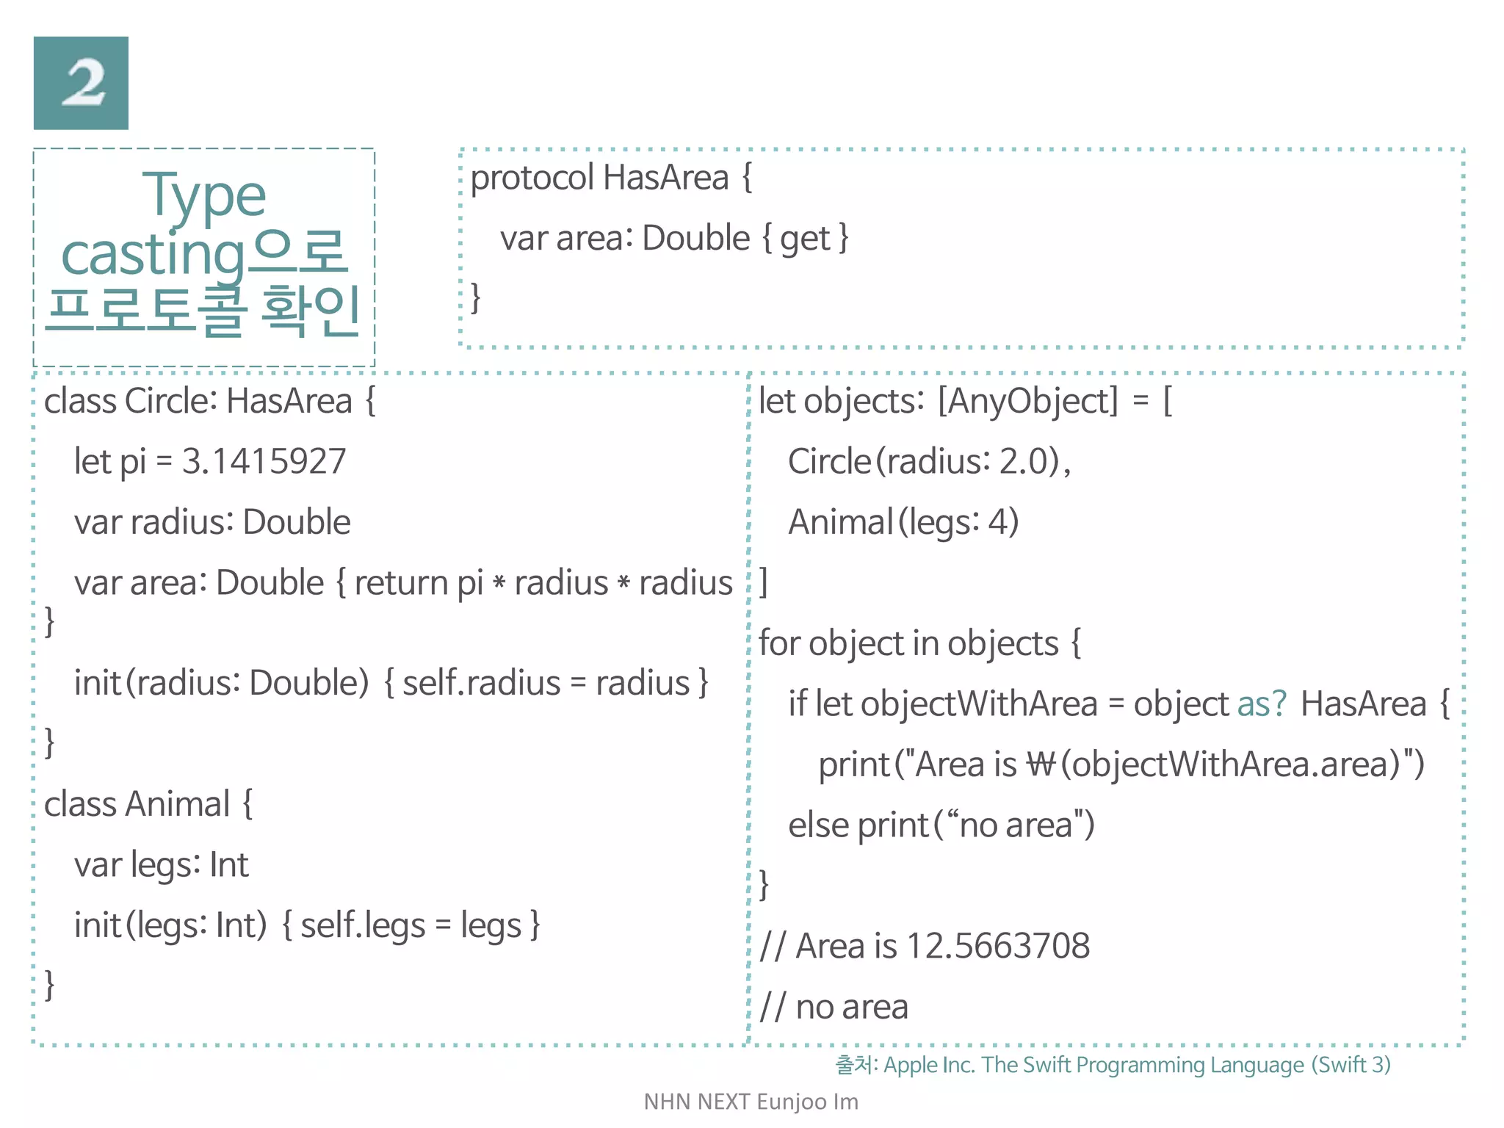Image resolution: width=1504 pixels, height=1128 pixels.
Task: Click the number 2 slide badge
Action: point(81,83)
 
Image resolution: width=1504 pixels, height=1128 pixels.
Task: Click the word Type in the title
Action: point(203,195)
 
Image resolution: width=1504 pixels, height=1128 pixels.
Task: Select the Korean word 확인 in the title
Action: point(310,311)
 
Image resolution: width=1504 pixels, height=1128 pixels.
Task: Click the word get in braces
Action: point(804,239)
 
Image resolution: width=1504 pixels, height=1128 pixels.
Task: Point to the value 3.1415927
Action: point(264,462)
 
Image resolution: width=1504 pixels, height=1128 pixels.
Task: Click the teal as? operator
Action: point(1262,704)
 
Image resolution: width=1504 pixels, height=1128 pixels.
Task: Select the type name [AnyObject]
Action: point(1028,402)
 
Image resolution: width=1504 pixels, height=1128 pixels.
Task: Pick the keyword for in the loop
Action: point(778,643)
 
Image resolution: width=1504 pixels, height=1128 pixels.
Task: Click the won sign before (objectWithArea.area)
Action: point(1041,764)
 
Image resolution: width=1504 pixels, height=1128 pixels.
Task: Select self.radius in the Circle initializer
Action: point(481,683)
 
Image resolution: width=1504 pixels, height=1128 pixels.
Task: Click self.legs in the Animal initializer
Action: point(363,925)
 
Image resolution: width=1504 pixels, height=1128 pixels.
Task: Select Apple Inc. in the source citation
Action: point(929,1065)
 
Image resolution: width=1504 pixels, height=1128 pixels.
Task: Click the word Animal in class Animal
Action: point(178,804)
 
